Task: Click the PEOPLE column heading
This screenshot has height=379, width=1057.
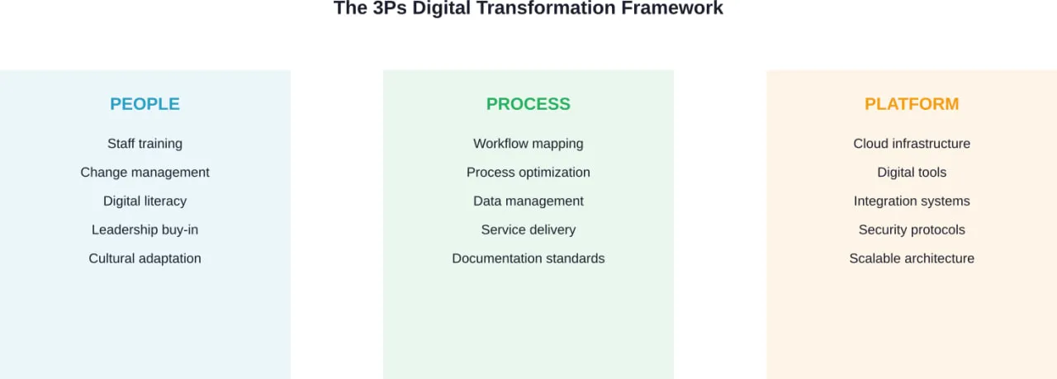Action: pyautogui.click(x=145, y=104)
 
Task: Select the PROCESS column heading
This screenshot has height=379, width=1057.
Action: pyautogui.click(x=528, y=104)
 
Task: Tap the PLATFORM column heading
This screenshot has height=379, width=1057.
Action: pyautogui.click(x=912, y=104)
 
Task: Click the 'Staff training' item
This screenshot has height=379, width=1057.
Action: pyautogui.click(x=145, y=144)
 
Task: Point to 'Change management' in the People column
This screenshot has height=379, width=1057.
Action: pyautogui.click(x=145, y=173)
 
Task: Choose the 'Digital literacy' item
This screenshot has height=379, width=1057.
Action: pyautogui.click(x=145, y=201)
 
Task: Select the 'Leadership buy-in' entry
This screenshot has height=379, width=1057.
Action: pyautogui.click(x=145, y=230)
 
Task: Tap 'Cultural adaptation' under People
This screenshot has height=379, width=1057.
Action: pyautogui.click(x=145, y=258)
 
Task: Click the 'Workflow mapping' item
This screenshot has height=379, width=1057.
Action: pyautogui.click(x=528, y=144)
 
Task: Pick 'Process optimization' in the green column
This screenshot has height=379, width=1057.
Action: pyautogui.click(x=528, y=173)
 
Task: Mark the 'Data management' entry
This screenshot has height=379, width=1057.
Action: pyautogui.click(x=528, y=201)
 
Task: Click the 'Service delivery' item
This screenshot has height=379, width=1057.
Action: pyautogui.click(x=528, y=230)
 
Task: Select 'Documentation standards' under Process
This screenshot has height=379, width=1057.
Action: pyautogui.click(x=528, y=258)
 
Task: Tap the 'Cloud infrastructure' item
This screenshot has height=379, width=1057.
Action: pyautogui.click(x=912, y=144)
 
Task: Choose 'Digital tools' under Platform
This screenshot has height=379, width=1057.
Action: pyautogui.click(x=912, y=173)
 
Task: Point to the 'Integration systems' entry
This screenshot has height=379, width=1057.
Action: pyautogui.click(x=912, y=201)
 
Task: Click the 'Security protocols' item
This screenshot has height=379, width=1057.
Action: pyautogui.click(x=912, y=230)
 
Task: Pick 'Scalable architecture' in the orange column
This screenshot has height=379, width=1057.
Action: pyautogui.click(x=912, y=258)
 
